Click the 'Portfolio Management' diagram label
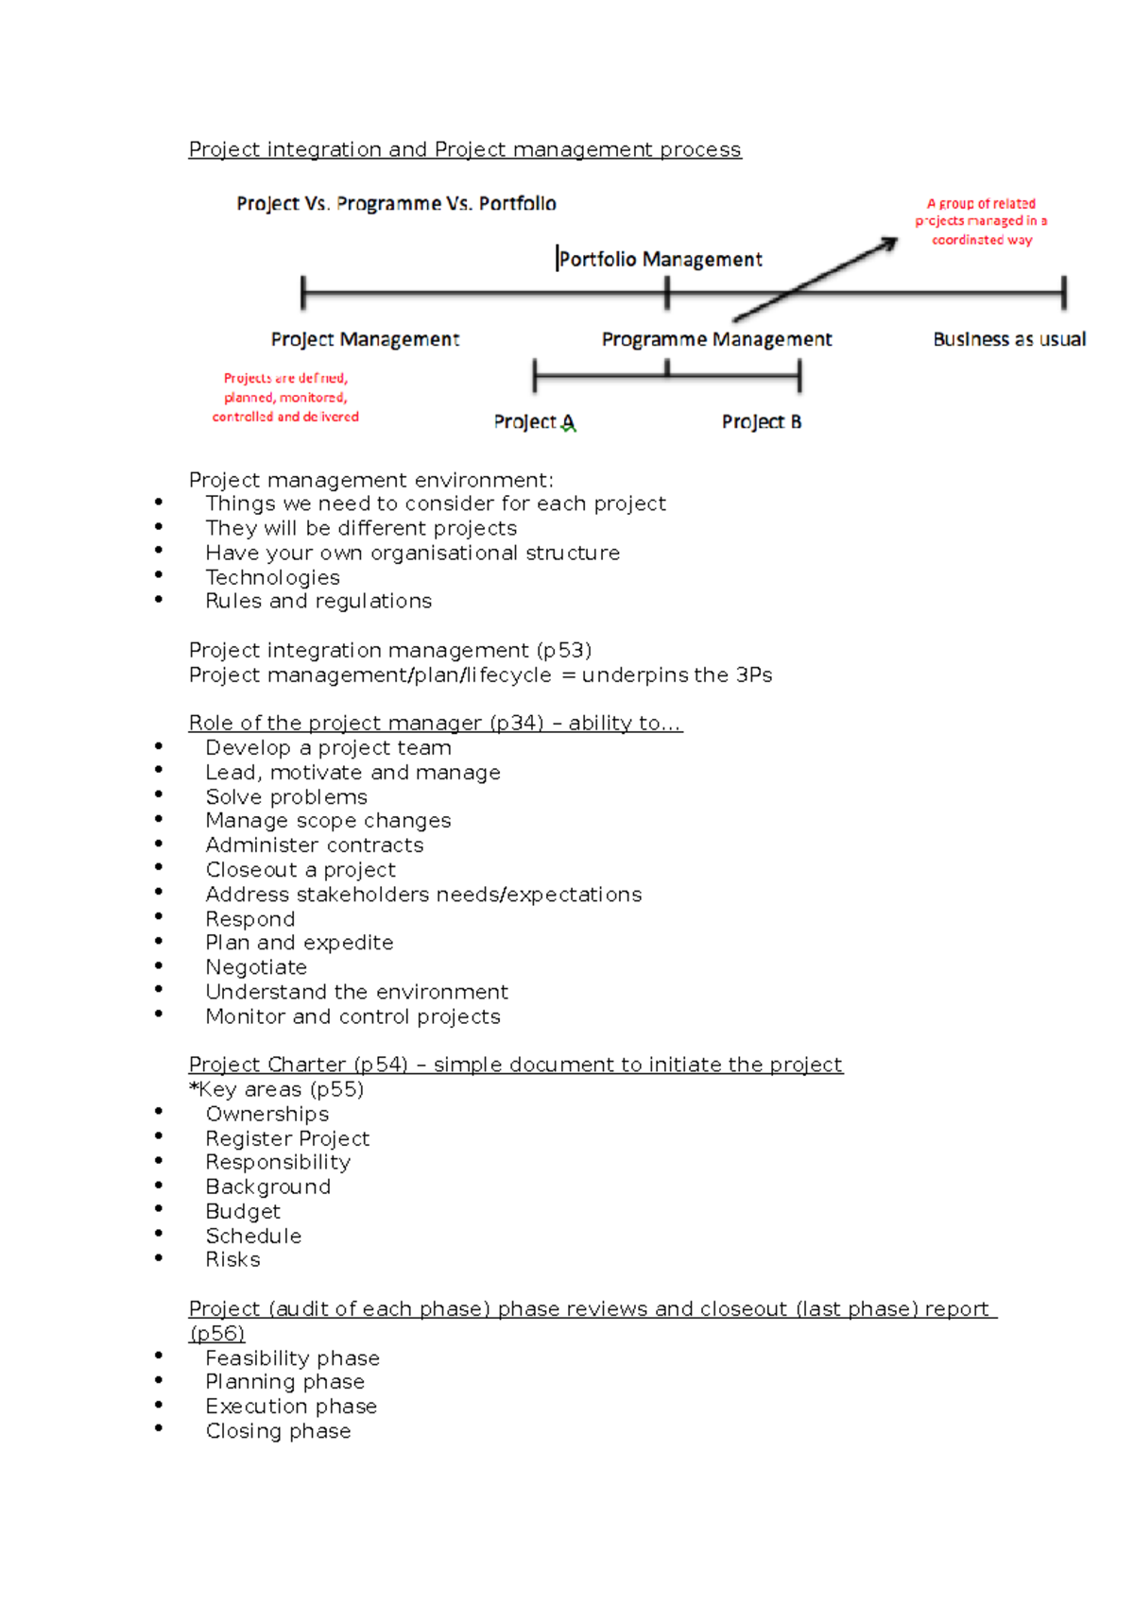[x=660, y=259]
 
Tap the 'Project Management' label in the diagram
[x=365, y=339]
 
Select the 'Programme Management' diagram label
[x=716, y=339]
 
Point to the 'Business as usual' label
[x=1009, y=339]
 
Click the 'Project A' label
[x=534, y=422]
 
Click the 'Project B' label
[x=762, y=422]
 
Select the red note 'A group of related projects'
[x=981, y=221]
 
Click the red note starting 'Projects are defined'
[x=285, y=398]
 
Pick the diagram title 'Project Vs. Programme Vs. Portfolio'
[x=396, y=204]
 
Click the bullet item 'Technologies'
[x=272, y=577]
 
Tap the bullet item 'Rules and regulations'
[x=318, y=602]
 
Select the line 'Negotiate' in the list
[x=256, y=967]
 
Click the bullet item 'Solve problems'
[x=286, y=797]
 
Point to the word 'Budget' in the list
[x=243, y=1211]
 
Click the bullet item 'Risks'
[x=232, y=1260]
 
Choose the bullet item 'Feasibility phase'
[x=292, y=1358]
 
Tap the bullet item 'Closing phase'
[x=278, y=1431]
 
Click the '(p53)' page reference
[x=563, y=651]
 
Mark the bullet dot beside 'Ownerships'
[x=159, y=1112]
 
